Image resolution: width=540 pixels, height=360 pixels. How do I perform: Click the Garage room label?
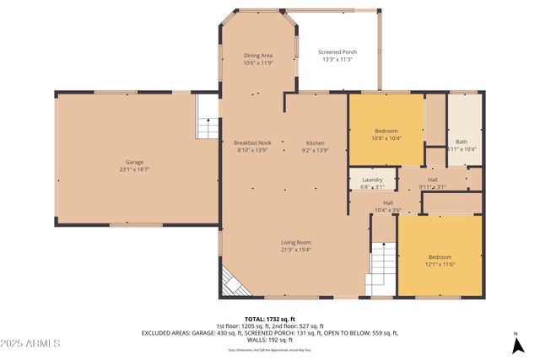[133, 161]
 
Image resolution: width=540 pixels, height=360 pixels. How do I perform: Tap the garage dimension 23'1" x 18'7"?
[133, 169]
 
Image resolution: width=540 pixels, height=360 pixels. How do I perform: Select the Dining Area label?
[258, 56]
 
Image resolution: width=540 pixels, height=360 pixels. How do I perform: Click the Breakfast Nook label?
[252, 142]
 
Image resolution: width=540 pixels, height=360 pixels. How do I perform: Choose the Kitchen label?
[315, 142]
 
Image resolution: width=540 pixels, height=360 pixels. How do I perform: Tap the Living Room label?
[296, 242]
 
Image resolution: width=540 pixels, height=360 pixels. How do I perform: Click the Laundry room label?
[372, 180]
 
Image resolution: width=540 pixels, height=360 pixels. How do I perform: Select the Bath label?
[461, 142]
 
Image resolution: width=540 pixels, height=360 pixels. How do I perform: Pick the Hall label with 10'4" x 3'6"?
[388, 202]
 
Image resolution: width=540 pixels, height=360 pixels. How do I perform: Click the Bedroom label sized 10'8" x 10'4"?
[386, 130]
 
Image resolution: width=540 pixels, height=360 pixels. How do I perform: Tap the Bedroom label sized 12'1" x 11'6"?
[440, 257]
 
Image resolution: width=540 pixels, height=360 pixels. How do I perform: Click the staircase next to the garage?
[207, 117]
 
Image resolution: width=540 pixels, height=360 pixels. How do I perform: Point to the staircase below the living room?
[381, 267]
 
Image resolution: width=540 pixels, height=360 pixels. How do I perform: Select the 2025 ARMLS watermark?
[31, 343]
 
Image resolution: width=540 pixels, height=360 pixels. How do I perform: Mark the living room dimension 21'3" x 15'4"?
[296, 250]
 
